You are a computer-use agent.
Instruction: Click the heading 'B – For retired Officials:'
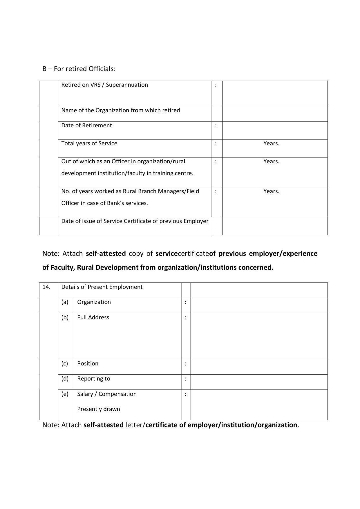(79, 69)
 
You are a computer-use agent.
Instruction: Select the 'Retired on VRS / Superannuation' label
(104, 85)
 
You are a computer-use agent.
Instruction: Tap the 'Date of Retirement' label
(86, 125)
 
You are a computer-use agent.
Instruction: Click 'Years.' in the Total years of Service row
(271, 143)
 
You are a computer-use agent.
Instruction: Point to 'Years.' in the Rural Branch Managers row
(271, 191)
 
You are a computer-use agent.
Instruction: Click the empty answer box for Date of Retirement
(275, 130)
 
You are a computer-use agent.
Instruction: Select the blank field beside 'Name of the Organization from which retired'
(275, 113)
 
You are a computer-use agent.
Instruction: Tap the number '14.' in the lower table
(46, 287)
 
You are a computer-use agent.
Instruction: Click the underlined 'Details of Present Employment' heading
(102, 287)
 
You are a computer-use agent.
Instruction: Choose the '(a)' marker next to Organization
(65, 302)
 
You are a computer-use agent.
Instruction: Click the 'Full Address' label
(93, 317)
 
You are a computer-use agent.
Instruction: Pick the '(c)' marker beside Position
(65, 363)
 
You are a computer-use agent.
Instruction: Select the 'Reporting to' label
(94, 378)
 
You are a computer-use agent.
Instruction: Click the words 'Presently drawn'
(99, 409)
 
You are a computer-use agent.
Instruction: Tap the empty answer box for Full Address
(259, 336)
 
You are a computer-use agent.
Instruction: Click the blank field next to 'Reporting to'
(259, 382)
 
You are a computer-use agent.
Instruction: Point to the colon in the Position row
(186, 364)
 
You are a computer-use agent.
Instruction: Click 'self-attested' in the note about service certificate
(106, 253)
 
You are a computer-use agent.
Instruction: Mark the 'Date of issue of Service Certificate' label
(135, 221)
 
